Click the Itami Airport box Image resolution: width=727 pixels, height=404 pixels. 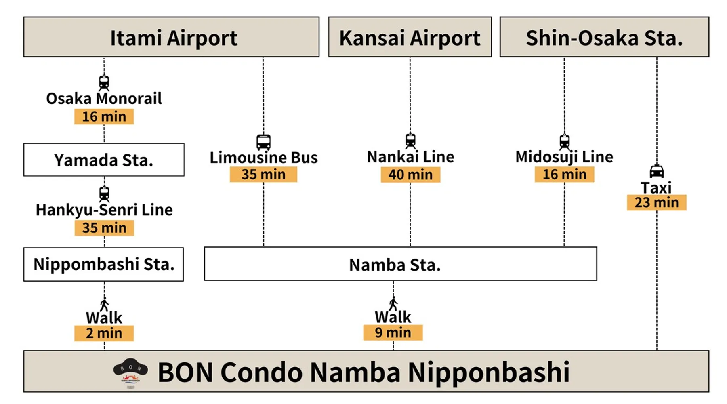tap(171, 37)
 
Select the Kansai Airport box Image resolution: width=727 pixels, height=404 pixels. tap(410, 37)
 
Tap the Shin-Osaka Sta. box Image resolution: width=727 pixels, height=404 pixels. tap(604, 37)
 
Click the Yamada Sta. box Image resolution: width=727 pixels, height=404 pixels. tap(104, 160)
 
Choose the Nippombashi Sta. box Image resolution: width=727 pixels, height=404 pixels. tap(103, 264)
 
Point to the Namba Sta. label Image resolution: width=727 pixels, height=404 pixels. tap(395, 265)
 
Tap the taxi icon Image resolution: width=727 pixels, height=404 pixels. tap(657, 171)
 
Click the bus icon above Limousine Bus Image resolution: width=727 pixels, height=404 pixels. tap(264, 142)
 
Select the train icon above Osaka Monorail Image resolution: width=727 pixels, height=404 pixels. tap(104, 83)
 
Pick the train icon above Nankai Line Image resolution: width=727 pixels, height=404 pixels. tap(410, 141)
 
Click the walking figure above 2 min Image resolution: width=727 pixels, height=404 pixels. tap(104, 305)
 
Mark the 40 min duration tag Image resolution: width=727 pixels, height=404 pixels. tap(410, 175)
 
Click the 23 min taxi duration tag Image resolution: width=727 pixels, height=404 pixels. tap(657, 202)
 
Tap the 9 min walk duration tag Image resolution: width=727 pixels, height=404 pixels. tap(393, 332)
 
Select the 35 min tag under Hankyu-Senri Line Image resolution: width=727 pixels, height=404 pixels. tap(104, 228)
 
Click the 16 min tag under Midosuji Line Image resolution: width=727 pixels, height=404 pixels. tap(565, 175)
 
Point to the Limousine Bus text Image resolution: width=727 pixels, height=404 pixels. tap(264, 158)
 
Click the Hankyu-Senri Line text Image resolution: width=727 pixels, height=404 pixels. tap(104, 210)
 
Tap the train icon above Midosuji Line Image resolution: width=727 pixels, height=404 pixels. tap(565, 141)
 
